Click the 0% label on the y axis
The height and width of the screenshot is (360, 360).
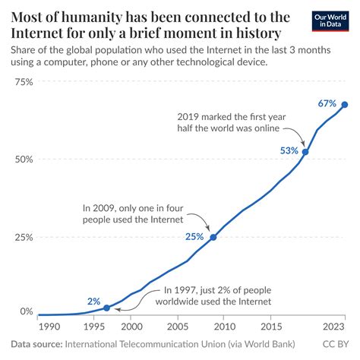point(27,312)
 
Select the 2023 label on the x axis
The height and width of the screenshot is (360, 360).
point(333,327)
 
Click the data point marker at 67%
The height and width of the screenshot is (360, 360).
point(345,105)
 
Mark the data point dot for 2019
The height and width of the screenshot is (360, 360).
point(305,152)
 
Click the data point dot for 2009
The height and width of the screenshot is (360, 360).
point(213,238)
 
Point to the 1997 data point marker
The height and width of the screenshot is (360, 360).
point(106,308)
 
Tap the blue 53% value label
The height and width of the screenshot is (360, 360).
point(289,150)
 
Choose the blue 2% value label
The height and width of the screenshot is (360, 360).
point(93,300)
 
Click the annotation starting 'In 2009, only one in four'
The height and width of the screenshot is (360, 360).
point(134,213)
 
